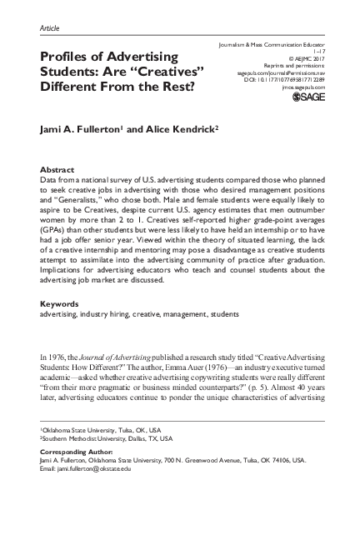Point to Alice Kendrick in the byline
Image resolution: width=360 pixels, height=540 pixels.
(184, 129)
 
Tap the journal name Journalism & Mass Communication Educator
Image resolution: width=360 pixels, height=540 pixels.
(271, 43)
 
